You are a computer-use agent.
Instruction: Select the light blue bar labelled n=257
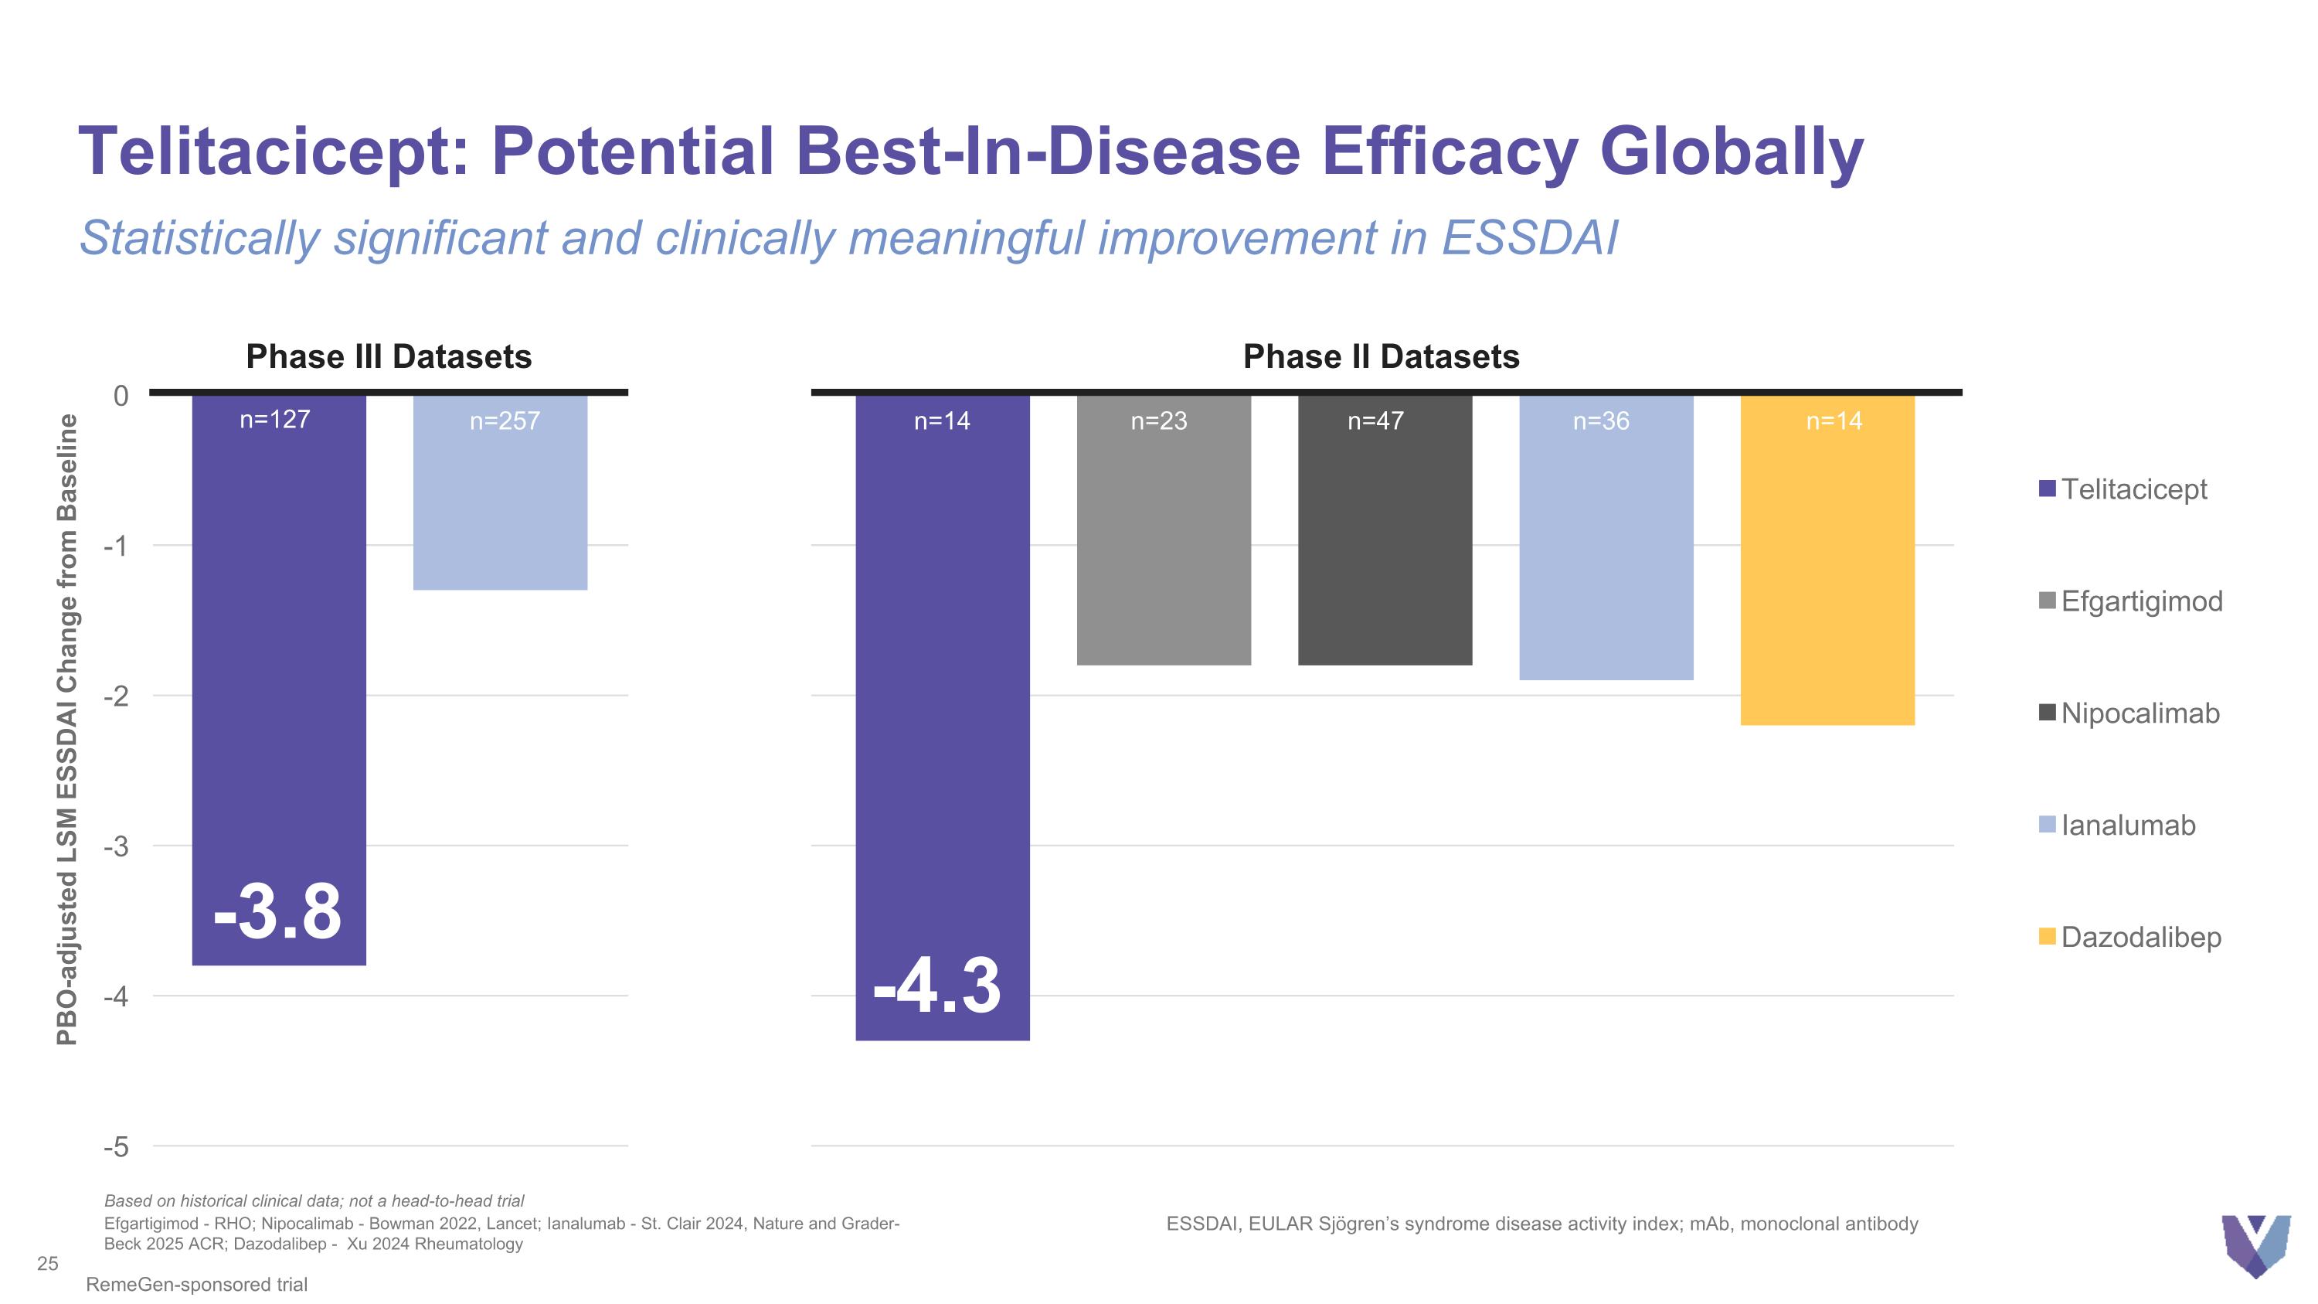(501, 504)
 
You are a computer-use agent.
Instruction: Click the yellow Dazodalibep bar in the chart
(1827, 576)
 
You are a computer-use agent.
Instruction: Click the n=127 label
(274, 420)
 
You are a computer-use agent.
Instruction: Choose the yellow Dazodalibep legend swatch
(2047, 937)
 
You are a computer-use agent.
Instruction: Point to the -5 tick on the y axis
(117, 1146)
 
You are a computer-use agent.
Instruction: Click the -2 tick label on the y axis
(117, 696)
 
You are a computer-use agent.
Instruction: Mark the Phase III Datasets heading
(389, 357)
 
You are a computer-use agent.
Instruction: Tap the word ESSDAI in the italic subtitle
(1529, 239)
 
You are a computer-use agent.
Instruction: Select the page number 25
(48, 1265)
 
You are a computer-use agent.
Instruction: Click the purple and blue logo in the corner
(2255, 1244)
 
